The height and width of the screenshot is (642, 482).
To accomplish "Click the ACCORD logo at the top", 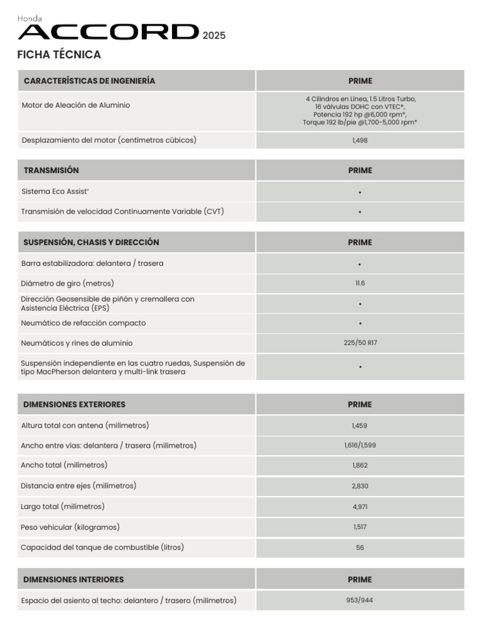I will pyautogui.click(x=107, y=32).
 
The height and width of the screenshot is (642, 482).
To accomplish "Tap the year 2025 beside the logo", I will pyautogui.click(x=214, y=36).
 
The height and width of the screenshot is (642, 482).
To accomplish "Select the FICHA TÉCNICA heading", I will pyautogui.click(x=59, y=55).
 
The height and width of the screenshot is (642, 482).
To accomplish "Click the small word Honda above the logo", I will pyautogui.click(x=29, y=19).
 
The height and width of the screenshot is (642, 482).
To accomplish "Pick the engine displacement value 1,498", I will pyautogui.click(x=360, y=140).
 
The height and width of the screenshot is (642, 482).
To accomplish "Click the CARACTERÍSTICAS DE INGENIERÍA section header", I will pyautogui.click(x=89, y=81).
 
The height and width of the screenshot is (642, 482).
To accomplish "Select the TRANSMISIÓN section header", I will pyautogui.click(x=51, y=171).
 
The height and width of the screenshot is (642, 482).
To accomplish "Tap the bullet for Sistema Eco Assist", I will pyautogui.click(x=360, y=192).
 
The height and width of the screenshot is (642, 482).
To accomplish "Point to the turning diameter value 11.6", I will pyautogui.click(x=360, y=283).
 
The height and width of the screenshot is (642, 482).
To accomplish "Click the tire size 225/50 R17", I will pyautogui.click(x=360, y=343).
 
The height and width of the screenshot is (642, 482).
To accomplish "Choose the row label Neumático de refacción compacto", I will pyautogui.click(x=83, y=323).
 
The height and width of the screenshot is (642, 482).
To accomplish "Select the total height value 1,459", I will pyautogui.click(x=360, y=426).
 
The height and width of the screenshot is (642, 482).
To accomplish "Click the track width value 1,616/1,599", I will pyautogui.click(x=360, y=446).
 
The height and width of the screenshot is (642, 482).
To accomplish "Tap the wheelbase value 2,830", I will pyautogui.click(x=360, y=486).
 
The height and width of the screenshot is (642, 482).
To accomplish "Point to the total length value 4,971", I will pyautogui.click(x=360, y=507).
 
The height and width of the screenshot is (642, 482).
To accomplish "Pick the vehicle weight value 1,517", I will pyautogui.click(x=360, y=527).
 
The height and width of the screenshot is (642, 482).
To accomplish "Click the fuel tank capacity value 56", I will pyautogui.click(x=360, y=547).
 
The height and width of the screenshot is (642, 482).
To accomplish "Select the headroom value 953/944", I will pyautogui.click(x=360, y=600).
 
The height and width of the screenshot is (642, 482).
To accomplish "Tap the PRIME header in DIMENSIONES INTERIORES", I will pyautogui.click(x=360, y=579).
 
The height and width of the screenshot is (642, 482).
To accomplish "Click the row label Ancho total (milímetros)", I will pyautogui.click(x=64, y=465).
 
